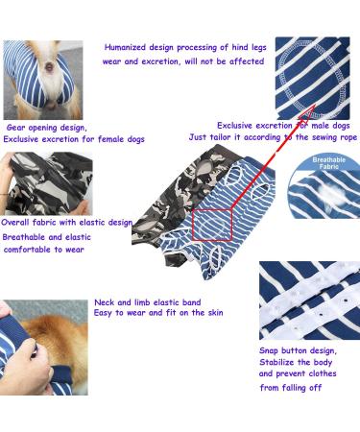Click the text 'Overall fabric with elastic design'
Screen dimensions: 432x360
[66, 222]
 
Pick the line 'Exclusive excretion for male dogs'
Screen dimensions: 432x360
[283, 126]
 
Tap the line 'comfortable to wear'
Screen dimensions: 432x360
[44, 250]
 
